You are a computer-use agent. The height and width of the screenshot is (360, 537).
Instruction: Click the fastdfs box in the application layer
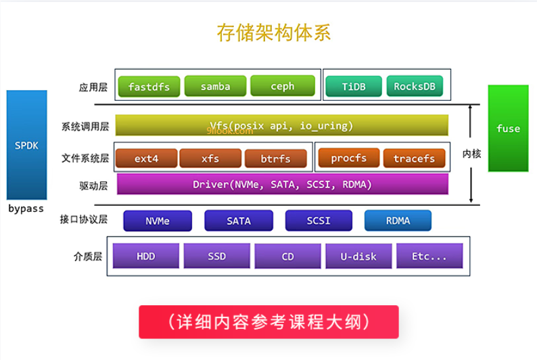[x=148, y=87]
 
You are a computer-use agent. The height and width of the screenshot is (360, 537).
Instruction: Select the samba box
[x=215, y=87]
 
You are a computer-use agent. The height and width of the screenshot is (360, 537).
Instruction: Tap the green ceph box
[x=283, y=86]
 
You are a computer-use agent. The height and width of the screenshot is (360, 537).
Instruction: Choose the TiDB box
[x=353, y=87]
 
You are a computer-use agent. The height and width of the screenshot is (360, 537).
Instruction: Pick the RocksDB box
[x=415, y=87]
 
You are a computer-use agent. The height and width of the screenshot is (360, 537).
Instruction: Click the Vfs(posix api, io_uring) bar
[x=281, y=125]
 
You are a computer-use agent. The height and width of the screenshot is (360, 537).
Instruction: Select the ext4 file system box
[x=146, y=159]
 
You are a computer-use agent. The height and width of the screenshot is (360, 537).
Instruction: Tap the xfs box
[x=210, y=159]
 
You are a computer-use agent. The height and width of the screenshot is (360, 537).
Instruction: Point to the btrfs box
[x=276, y=159]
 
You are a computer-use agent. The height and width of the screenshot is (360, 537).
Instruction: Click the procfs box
[x=348, y=158]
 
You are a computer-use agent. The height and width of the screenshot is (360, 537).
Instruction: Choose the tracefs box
[x=414, y=159]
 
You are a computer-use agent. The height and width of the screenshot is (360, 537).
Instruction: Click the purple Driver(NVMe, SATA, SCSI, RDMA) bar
[x=283, y=184]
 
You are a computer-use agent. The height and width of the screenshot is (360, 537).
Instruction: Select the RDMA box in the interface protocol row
[x=398, y=220]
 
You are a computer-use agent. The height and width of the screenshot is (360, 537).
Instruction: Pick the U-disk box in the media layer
[x=358, y=256]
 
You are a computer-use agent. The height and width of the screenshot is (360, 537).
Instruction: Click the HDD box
[x=146, y=256]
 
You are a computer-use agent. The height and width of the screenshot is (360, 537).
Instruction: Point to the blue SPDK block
[x=27, y=145]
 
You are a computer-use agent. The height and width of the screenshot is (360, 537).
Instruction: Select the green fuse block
[x=507, y=128]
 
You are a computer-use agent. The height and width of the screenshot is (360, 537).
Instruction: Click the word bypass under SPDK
[x=26, y=208]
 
